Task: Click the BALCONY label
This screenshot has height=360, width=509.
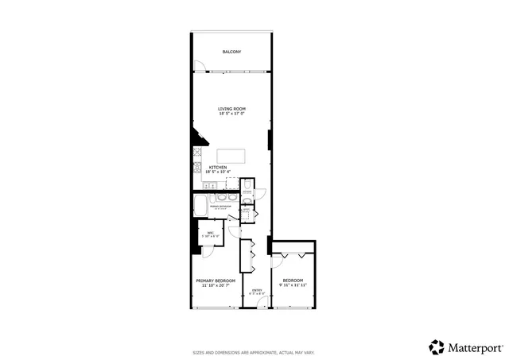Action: pyautogui.click(x=231, y=52)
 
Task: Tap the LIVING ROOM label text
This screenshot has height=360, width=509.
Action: pyautogui.click(x=231, y=109)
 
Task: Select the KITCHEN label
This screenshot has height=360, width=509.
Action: pyautogui.click(x=218, y=167)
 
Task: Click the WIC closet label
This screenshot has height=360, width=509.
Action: pyautogui.click(x=210, y=232)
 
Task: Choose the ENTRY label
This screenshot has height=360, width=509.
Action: pyautogui.click(x=256, y=290)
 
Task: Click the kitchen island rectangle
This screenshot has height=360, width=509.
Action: pyautogui.click(x=231, y=155)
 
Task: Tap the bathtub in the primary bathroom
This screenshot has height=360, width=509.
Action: pyautogui.click(x=202, y=204)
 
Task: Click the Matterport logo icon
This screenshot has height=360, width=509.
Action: pyautogui.click(x=436, y=346)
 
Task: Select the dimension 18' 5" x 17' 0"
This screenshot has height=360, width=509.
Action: pyautogui.click(x=231, y=114)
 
